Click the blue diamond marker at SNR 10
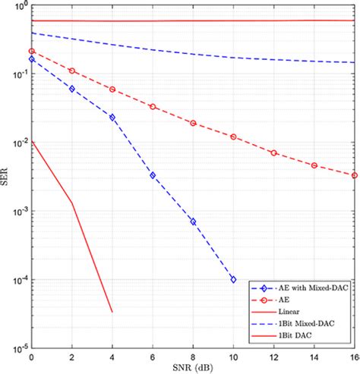pyautogui.click(x=233, y=280)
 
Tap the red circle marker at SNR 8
pyautogui.click(x=193, y=123)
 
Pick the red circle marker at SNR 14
pyautogui.click(x=314, y=165)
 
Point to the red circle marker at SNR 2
pyautogui.click(x=72, y=71)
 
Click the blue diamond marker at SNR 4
pyautogui.click(x=112, y=118)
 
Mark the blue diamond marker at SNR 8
pyautogui.click(x=193, y=222)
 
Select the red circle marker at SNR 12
pyautogui.click(x=274, y=152)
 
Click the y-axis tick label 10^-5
pyautogui.click(x=19, y=349)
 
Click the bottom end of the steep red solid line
pyautogui.click(x=112, y=312)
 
